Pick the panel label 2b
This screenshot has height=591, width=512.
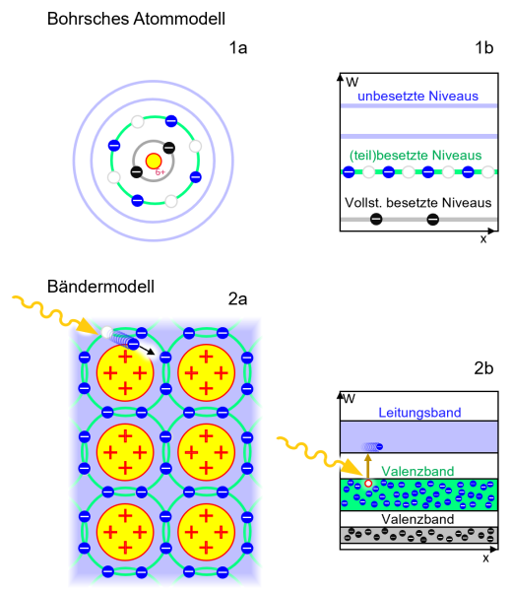click(x=483, y=368)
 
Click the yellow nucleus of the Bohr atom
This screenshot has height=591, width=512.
click(x=154, y=161)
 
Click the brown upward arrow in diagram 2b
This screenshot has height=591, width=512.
click(x=368, y=466)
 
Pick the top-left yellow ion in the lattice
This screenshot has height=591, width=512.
click(x=125, y=371)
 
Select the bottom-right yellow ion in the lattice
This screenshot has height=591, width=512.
click(x=209, y=531)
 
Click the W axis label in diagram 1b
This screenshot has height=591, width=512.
click(x=351, y=79)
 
